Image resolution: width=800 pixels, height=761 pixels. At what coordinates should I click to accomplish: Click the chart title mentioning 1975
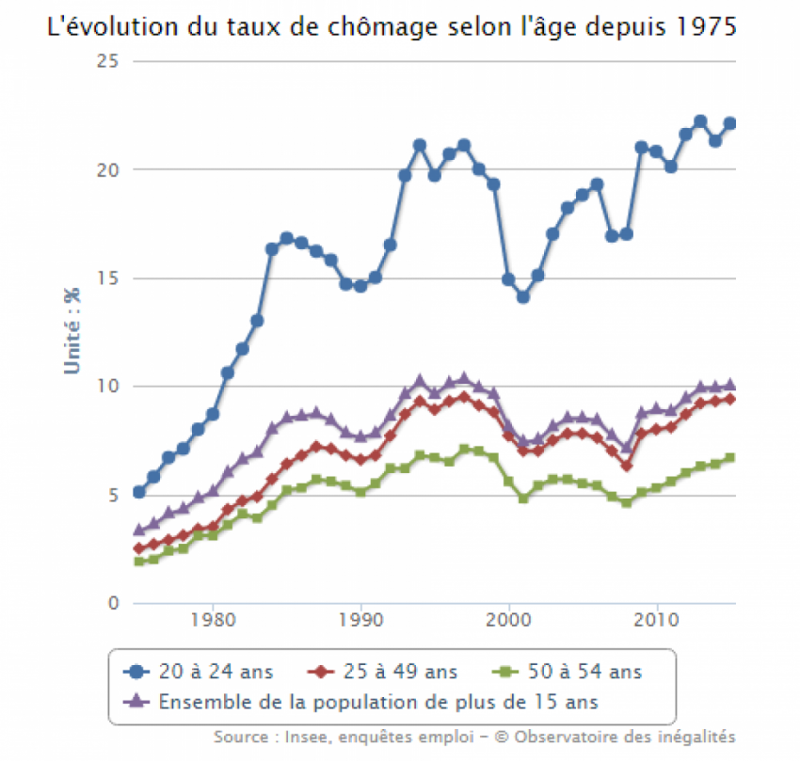click(x=392, y=26)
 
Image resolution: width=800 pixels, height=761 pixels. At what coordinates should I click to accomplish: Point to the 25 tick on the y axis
click(x=112, y=62)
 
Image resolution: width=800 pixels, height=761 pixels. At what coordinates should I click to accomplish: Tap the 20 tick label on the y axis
click(x=112, y=170)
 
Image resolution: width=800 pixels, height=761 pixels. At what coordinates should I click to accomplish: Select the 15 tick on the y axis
click(x=112, y=278)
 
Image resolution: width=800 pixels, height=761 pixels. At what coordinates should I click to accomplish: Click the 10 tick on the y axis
click(x=112, y=387)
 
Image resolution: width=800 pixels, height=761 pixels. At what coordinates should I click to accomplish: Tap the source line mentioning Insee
click(x=474, y=737)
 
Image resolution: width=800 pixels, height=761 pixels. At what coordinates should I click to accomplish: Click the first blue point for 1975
click(x=139, y=492)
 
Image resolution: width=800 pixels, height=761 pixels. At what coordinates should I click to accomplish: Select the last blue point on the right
click(x=729, y=123)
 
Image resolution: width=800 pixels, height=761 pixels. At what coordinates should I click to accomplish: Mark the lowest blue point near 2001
click(x=523, y=297)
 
